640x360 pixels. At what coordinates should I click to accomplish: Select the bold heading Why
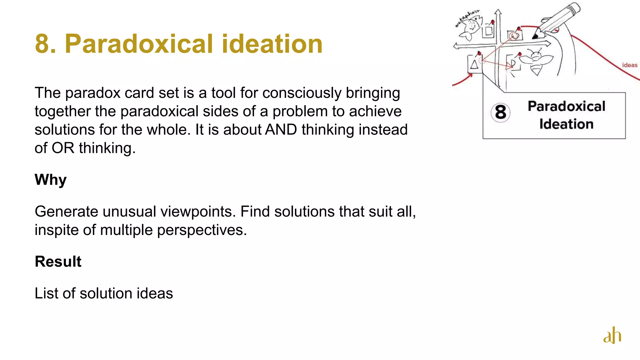point(51,180)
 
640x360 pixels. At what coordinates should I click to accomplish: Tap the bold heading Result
point(58,262)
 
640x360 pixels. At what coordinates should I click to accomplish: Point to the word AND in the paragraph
point(281,130)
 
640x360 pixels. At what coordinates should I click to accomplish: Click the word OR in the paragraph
point(63,148)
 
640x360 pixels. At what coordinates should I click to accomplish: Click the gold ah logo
point(612,336)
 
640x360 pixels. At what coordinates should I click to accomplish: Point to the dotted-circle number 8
point(500,112)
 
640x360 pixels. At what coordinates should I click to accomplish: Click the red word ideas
point(630,65)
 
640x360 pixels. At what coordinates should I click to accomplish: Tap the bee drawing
point(537,61)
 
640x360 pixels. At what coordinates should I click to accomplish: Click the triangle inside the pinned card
point(474,64)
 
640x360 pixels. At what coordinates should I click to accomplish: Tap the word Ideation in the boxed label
point(566,124)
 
